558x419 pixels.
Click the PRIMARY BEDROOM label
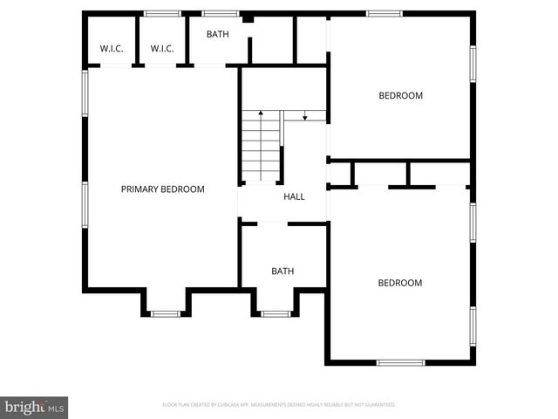(x=162, y=189)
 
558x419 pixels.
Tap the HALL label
(x=294, y=196)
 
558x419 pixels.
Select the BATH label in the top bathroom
(x=217, y=34)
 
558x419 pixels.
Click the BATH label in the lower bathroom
(x=282, y=271)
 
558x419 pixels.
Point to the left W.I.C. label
(x=112, y=49)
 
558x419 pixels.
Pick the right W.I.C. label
(x=162, y=49)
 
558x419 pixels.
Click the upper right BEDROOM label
(x=400, y=96)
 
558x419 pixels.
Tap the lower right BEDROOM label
(x=399, y=283)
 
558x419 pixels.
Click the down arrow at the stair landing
(x=304, y=116)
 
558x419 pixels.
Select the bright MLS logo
(x=34, y=407)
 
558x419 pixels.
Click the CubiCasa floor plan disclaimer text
(x=279, y=405)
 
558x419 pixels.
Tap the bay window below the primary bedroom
(x=165, y=313)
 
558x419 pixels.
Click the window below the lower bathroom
(x=276, y=314)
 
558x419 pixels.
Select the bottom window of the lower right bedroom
(x=400, y=362)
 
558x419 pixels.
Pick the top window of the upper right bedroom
(x=384, y=13)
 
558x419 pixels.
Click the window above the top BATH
(x=220, y=13)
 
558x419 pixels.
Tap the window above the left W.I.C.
(x=162, y=13)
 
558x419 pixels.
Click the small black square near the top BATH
(x=248, y=18)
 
